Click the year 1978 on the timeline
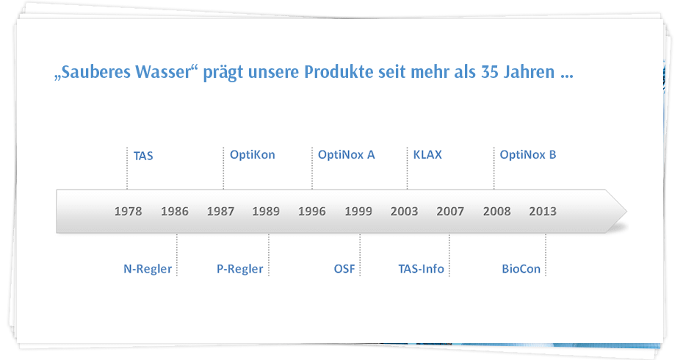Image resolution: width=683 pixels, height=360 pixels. [x=128, y=212]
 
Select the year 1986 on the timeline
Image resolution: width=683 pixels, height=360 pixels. [x=175, y=212]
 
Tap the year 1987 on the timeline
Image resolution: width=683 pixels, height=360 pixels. [x=220, y=212]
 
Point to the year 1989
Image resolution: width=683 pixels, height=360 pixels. [x=266, y=212]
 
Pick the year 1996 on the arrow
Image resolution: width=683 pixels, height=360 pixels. [x=312, y=212]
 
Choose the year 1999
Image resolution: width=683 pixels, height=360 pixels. [x=358, y=212]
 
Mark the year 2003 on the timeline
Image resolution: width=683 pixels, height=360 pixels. [x=404, y=212]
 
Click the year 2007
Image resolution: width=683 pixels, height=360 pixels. [x=450, y=212]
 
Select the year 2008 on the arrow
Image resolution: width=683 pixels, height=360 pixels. [x=497, y=212]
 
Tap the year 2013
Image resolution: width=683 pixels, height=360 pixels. [x=543, y=212]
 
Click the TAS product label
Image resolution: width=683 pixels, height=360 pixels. [x=143, y=156]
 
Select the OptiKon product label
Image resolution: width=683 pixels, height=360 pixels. [x=253, y=155]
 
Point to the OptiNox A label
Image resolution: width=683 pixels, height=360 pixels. [x=347, y=155]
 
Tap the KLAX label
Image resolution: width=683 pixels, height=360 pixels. [x=427, y=155]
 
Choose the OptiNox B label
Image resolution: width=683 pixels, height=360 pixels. [x=528, y=155]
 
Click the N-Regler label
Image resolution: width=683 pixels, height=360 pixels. [x=148, y=269]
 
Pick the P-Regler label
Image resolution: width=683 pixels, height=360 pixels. [x=240, y=269]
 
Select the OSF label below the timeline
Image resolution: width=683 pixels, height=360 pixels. [x=344, y=268]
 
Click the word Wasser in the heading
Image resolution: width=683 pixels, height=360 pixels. [x=167, y=72]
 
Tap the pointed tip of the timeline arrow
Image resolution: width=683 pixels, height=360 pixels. [x=626, y=212]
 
